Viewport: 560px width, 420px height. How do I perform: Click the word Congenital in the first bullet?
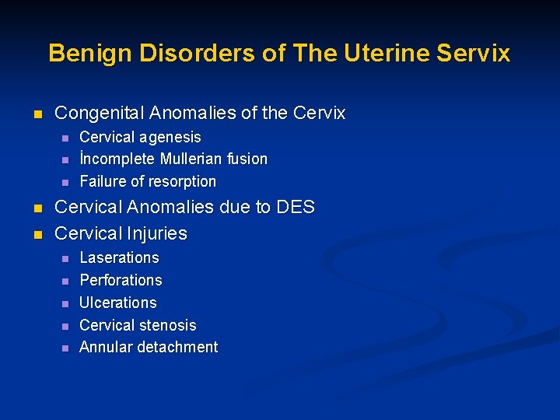pyautogui.click(x=100, y=114)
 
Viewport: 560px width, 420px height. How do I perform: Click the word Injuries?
pyautogui.click(x=158, y=233)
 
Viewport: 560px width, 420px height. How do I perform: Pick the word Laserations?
pyautogui.click(x=119, y=258)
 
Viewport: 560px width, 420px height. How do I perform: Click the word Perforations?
pyautogui.click(x=121, y=281)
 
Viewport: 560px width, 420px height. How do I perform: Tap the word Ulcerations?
pyautogui.click(x=118, y=303)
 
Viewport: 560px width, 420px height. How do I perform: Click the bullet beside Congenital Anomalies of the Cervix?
pyautogui.click(x=37, y=114)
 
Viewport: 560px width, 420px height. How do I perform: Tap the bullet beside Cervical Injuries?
pyautogui.click(x=37, y=234)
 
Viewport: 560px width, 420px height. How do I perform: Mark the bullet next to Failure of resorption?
pyautogui.click(x=65, y=183)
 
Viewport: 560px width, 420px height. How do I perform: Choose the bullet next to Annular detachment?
pyautogui.click(x=65, y=348)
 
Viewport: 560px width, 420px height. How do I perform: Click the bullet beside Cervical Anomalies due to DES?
pyautogui.click(x=37, y=208)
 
